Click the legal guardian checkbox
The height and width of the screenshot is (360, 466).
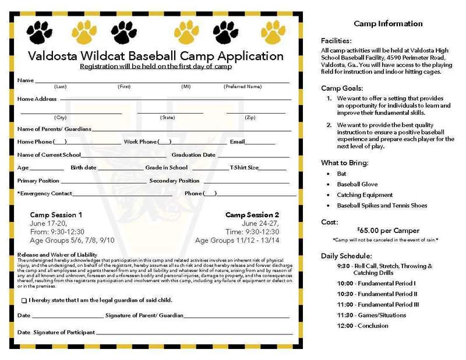click(x=24, y=301)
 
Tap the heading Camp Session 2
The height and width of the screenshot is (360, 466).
click(x=252, y=214)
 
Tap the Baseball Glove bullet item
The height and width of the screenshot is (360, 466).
click(x=357, y=184)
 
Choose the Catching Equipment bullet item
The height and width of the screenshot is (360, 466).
click(x=365, y=195)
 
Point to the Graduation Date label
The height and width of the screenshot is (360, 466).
click(x=193, y=156)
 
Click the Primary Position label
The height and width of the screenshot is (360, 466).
click(x=38, y=181)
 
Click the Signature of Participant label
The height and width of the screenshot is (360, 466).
click(x=63, y=331)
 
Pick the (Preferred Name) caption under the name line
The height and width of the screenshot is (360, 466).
click(x=244, y=86)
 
